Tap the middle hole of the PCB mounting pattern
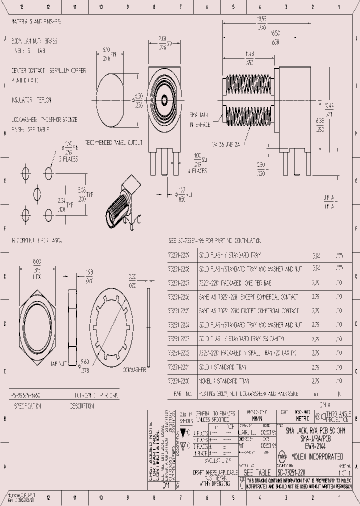[37, 193]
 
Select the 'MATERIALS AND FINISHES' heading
[36, 22]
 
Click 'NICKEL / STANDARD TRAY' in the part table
[225, 381]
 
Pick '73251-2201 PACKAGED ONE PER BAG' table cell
[235, 283]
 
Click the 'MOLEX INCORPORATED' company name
[320, 456]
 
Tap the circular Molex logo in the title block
[282, 456]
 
